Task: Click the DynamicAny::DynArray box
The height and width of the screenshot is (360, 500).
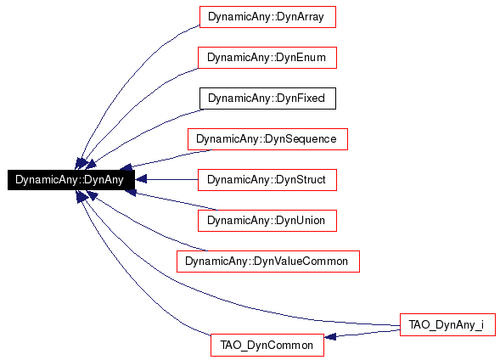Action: click(267, 17)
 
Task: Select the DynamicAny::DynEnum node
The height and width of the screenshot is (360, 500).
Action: click(267, 58)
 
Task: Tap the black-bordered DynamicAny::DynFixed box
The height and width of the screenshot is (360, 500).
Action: click(267, 98)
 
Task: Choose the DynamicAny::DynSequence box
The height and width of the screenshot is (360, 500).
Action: click(267, 139)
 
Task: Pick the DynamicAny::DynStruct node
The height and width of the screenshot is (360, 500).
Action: click(267, 180)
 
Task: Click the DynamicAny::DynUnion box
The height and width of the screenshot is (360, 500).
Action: click(267, 221)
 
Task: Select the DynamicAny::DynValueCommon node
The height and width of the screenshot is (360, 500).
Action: click(268, 262)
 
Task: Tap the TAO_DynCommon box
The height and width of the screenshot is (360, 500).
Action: click(267, 346)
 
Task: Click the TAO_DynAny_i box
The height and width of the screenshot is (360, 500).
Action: click(447, 324)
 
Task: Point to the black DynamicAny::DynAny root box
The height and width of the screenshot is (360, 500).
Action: click(71, 180)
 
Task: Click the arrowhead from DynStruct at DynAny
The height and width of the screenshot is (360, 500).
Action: click(141, 179)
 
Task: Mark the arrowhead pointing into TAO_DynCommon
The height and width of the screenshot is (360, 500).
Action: click(329, 336)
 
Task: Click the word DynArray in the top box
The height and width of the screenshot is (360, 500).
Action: click(301, 17)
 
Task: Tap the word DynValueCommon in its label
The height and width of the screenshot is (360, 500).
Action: click(301, 262)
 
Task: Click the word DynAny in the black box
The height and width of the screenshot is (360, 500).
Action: click(104, 180)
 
